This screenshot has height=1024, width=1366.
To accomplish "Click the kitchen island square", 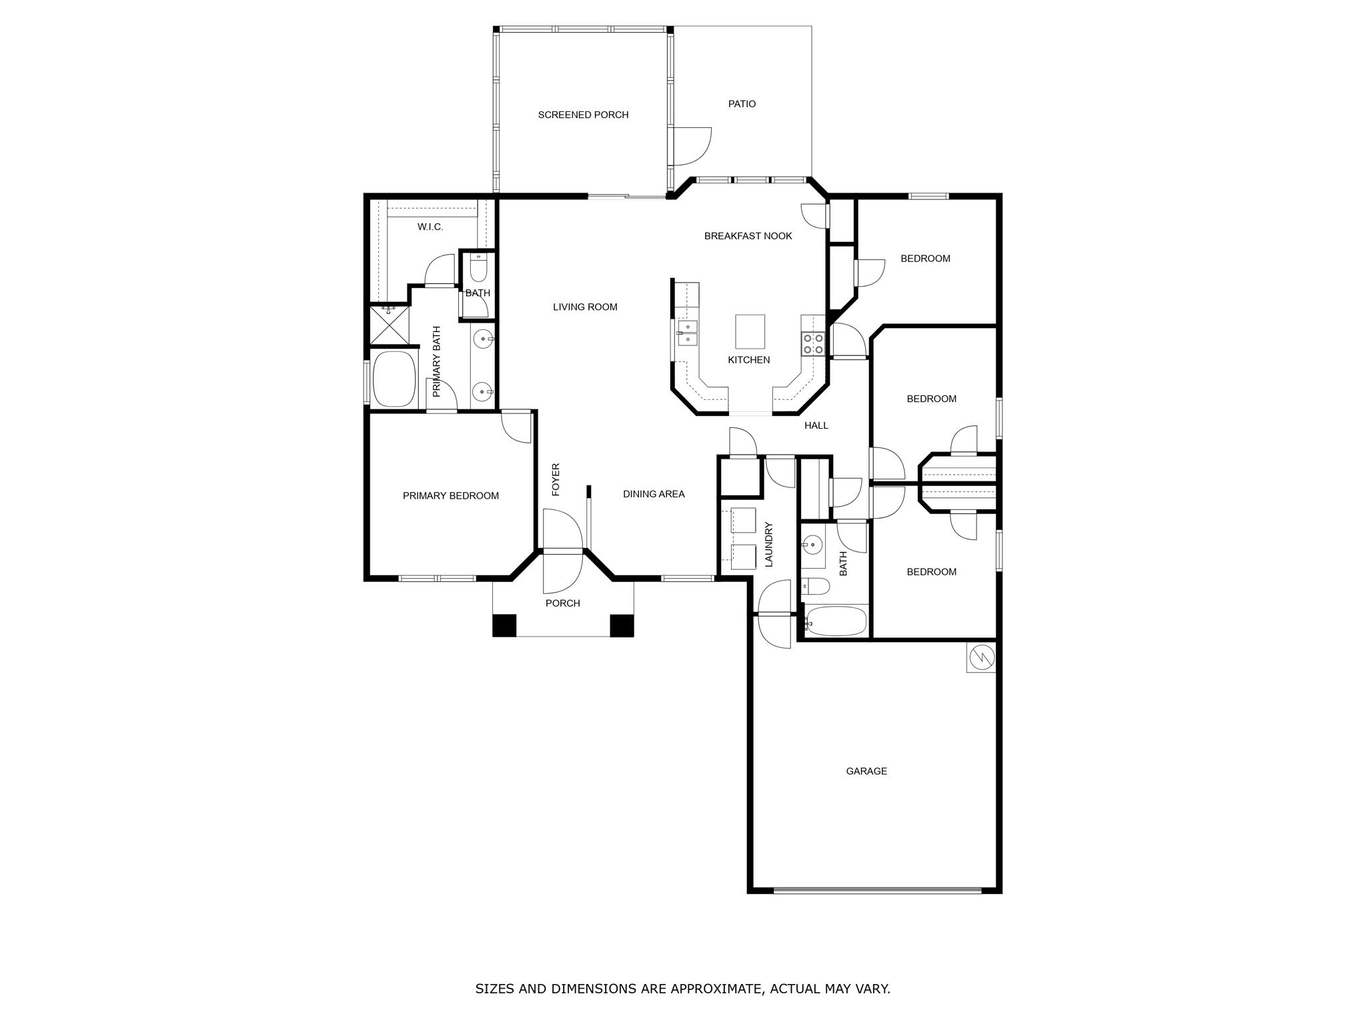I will click(750, 331).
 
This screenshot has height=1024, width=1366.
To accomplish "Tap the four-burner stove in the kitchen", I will click(813, 343).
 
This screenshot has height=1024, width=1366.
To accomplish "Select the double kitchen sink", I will click(687, 333).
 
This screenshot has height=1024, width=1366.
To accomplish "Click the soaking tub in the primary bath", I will click(394, 379).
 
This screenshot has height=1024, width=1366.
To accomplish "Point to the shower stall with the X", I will click(389, 326).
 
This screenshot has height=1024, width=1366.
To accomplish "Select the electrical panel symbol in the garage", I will click(981, 657).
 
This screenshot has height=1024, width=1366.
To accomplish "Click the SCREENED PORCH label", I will click(583, 115).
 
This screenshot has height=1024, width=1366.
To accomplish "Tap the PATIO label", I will click(742, 104).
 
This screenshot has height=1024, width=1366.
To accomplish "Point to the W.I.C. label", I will click(430, 227).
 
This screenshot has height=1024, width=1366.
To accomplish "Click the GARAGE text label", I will click(866, 771).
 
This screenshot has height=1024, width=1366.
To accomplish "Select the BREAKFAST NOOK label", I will click(748, 236).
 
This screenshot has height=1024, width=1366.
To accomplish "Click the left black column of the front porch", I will click(504, 625).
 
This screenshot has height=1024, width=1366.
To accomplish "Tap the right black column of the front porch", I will click(622, 625).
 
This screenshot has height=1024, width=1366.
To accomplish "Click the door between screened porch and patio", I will click(690, 145).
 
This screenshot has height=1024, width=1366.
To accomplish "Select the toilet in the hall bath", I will click(816, 586).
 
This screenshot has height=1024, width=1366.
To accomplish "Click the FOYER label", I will click(556, 479).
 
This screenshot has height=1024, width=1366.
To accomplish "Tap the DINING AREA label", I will click(654, 494).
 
